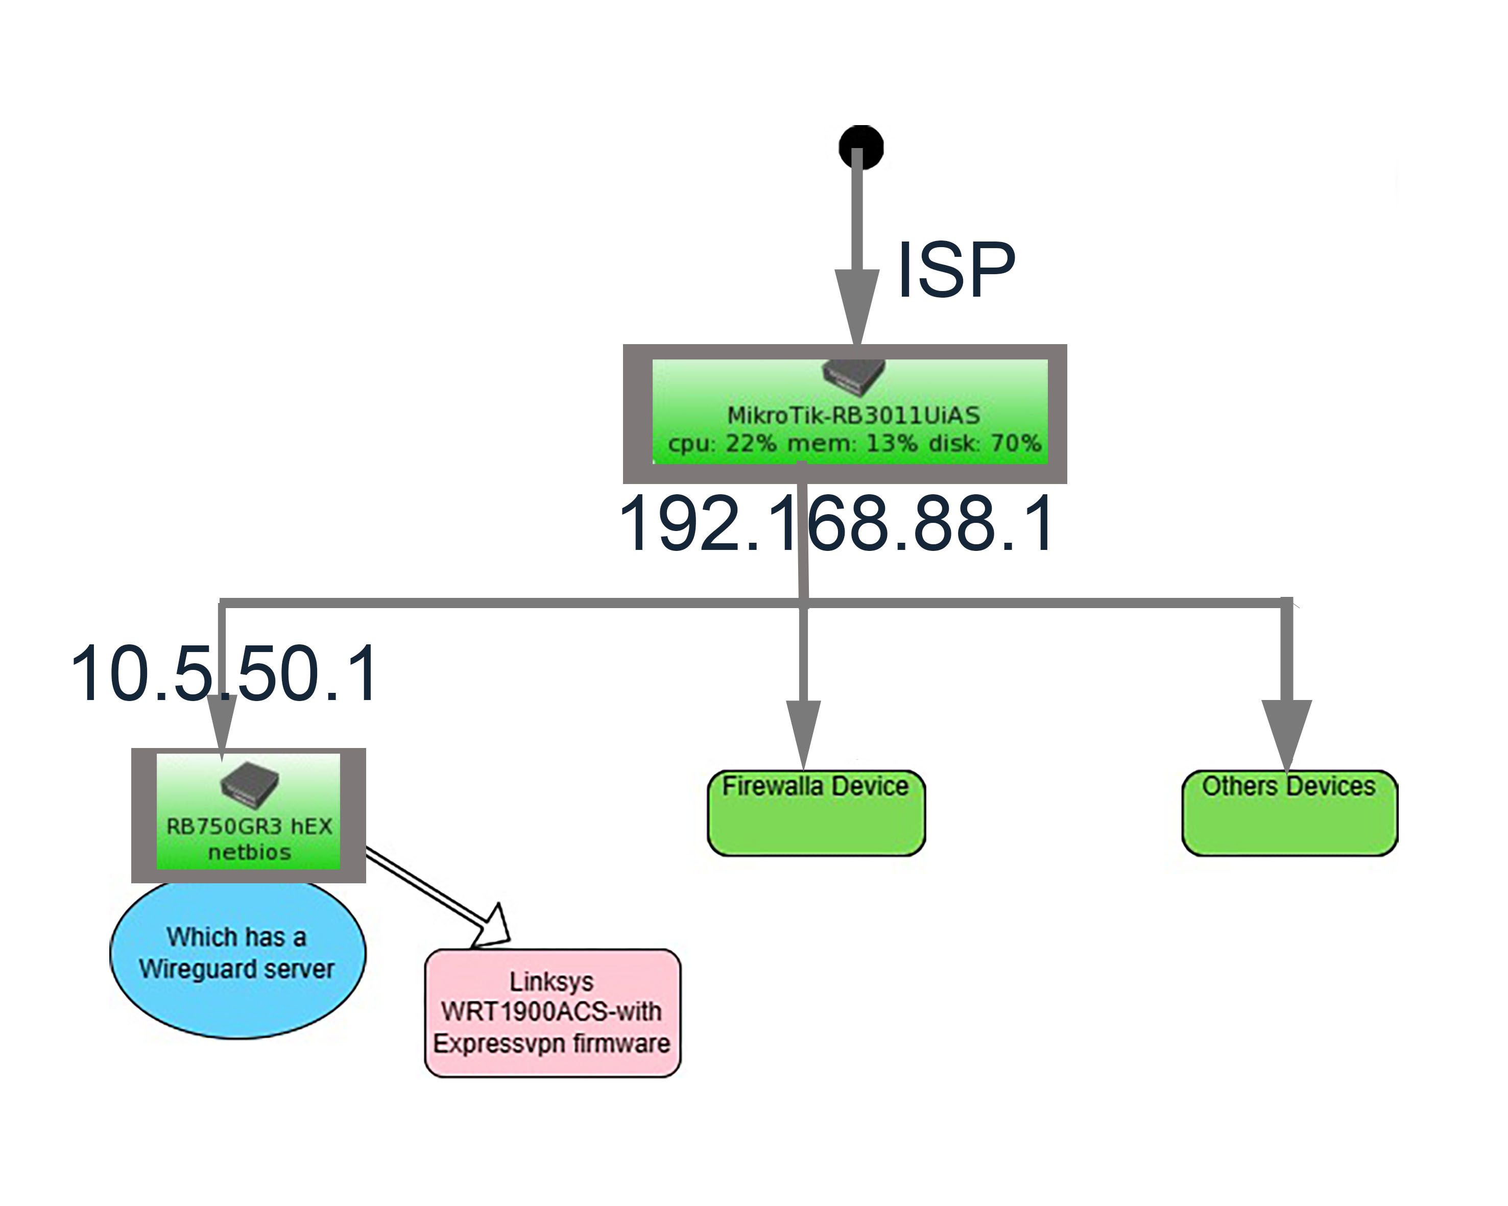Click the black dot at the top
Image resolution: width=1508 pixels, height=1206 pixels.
861,147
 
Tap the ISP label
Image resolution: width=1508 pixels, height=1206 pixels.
955,270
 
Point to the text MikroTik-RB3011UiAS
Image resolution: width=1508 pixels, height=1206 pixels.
853,415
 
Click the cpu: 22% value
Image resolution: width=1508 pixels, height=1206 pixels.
722,443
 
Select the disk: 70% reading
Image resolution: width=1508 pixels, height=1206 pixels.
985,443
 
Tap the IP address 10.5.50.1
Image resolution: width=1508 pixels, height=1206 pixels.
225,674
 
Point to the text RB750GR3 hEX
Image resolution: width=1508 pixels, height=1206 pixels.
249,826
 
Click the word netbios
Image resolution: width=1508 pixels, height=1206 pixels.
249,852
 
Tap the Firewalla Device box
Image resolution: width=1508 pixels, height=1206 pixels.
816,813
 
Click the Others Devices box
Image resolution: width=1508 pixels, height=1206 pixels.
1289,813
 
